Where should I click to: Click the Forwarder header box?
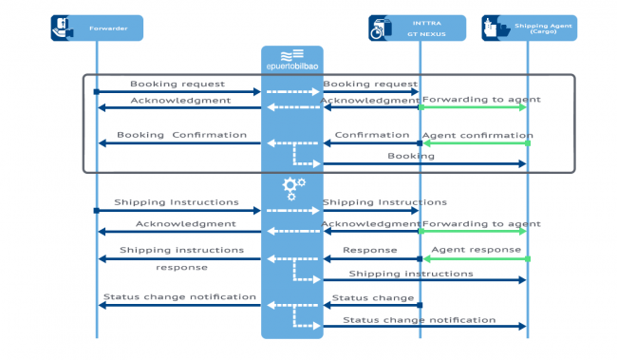(97, 28)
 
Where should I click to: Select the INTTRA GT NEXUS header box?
(418, 28)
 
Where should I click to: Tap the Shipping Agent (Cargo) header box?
(527, 28)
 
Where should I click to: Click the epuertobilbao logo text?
(291, 66)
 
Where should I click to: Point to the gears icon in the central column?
(293, 186)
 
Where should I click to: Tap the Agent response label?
(476, 250)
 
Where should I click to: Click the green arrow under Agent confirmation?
(474, 143)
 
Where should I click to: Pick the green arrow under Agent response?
(474, 258)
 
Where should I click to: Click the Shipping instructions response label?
(181, 257)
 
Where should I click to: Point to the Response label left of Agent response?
(369, 251)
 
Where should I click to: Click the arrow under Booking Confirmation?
(180, 143)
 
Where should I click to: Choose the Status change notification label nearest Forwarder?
(179, 296)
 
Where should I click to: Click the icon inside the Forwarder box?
(62, 28)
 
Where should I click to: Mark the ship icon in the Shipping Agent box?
(495, 28)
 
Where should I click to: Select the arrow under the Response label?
(370, 258)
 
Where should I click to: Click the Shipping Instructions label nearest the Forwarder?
(177, 202)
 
